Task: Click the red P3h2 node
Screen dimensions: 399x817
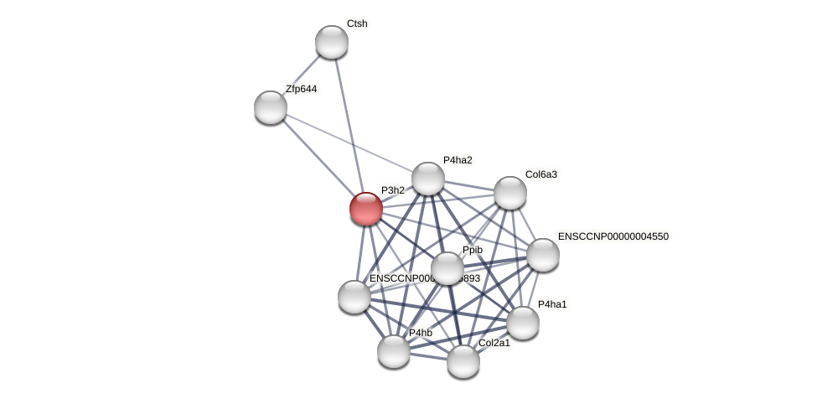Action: (366, 209)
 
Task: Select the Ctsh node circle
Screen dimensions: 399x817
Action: (332, 42)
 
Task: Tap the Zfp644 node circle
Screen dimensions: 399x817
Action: (271, 107)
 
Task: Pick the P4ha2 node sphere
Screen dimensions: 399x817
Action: (428, 179)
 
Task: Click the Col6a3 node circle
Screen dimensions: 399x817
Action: (509, 193)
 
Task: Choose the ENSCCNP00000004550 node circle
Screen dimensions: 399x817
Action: (542, 255)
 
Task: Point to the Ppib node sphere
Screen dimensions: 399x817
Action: (447, 268)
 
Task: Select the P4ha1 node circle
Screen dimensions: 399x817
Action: (523, 323)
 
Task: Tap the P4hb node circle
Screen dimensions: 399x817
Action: (394, 351)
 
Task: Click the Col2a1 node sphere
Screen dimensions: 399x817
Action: (463, 361)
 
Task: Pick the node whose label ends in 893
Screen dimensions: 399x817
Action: (354, 297)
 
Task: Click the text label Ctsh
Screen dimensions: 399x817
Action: (357, 23)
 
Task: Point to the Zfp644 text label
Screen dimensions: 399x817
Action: (302, 89)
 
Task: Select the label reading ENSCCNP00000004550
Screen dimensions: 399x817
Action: (613, 236)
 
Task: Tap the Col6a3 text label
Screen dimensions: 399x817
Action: (541, 174)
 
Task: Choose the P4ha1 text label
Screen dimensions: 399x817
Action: (553, 304)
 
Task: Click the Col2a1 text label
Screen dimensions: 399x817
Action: (494, 343)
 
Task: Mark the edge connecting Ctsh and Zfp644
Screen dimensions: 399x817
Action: (302, 75)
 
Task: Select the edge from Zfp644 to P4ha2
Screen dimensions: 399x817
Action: (349, 142)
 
